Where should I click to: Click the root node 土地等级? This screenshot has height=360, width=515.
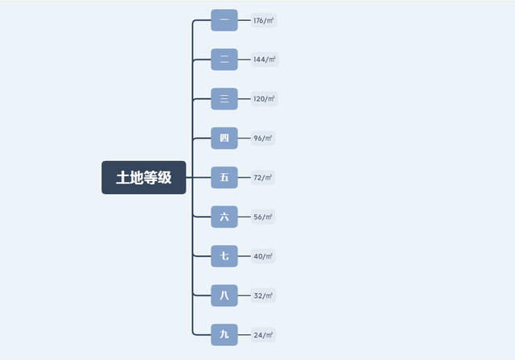[x=144, y=177]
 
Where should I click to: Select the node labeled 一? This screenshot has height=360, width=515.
[x=225, y=20]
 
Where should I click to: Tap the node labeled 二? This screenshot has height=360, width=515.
[x=225, y=60]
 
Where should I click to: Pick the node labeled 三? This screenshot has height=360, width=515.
[x=225, y=99]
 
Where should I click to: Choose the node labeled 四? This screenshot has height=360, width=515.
[x=225, y=138]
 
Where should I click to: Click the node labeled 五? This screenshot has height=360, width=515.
[x=225, y=177]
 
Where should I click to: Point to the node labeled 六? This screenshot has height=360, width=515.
[x=225, y=217]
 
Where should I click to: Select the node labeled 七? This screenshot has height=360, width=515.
[x=225, y=256]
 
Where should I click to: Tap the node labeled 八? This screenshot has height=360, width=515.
[x=225, y=296]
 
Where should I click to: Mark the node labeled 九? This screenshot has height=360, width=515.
[x=225, y=335]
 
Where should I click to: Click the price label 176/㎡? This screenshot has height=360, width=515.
[x=264, y=20]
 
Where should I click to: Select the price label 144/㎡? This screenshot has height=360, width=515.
[x=265, y=60]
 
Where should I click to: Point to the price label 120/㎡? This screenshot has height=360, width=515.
[x=264, y=99]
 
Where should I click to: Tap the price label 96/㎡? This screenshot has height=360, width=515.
[x=263, y=138]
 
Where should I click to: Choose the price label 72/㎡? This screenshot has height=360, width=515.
[x=263, y=177]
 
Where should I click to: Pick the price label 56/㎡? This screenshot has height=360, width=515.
[x=263, y=217]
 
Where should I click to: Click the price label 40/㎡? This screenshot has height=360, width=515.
[x=263, y=256]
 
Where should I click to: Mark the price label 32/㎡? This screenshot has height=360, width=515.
[x=263, y=296]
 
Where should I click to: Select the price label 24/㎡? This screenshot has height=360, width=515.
[x=263, y=335]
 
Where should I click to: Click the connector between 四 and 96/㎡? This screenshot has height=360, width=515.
[x=244, y=138]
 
